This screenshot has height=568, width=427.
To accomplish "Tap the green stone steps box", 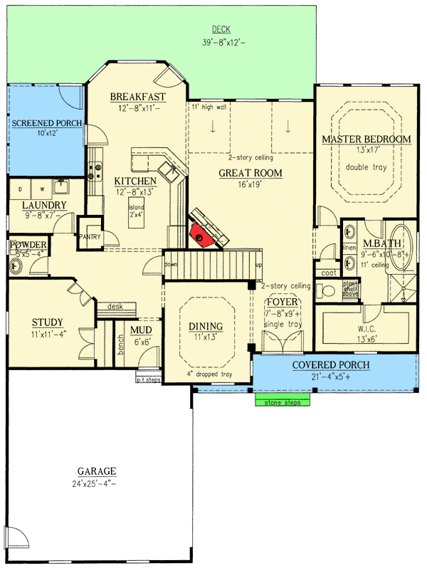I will [283, 403].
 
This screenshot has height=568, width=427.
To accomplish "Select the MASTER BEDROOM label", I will [366, 139].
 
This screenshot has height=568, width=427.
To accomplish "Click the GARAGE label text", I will [97, 471].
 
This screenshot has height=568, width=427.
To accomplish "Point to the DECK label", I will [221, 30].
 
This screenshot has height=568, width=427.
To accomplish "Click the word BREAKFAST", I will [138, 97].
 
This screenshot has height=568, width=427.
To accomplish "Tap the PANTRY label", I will [90, 236].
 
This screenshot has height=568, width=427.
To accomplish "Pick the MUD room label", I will [139, 330].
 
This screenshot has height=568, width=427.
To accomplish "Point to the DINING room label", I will [206, 327].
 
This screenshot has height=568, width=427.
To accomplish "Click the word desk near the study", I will [115, 307].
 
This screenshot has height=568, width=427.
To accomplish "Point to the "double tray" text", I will [366, 167].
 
